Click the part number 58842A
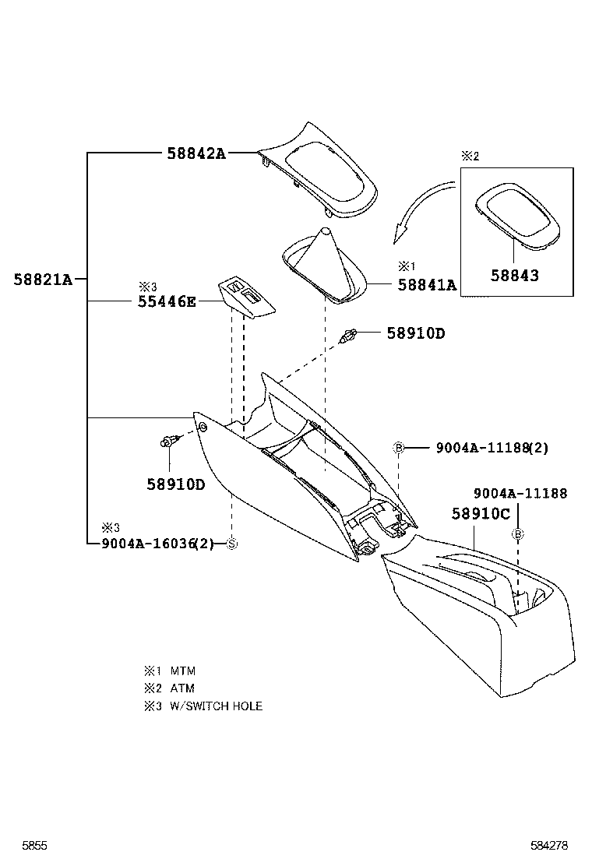click(196, 153)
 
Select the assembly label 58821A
click(42, 279)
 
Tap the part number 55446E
click(167, 301)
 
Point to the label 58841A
click(426, 285)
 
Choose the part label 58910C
click(481, 514)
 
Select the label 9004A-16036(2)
click(157, 544)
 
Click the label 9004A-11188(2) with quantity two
click(492, 448)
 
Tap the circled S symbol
click(231, 544)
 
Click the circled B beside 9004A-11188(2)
click(398, 448)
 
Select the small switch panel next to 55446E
click(245, 298)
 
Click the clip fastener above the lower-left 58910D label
click(169, 442)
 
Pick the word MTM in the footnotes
click(182, 671)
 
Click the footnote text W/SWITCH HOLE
click(216, 706)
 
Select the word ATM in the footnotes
click(182, 688)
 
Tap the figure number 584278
click(551, 845)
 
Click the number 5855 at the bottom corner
click(35, 845)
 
